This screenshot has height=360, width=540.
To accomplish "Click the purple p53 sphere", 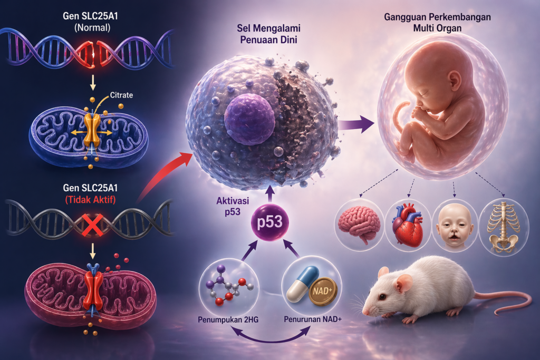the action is pos(269,222).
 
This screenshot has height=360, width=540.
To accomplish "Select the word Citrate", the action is pos(121,95).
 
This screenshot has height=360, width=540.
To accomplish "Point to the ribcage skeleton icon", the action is pos(503,227).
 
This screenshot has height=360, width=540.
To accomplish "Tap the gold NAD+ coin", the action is pos(323,291).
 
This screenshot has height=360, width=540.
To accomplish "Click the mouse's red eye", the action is pos(382,297).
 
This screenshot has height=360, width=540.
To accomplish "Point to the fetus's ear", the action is pos(455,81).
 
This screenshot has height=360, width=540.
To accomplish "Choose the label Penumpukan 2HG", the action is pos(228,320).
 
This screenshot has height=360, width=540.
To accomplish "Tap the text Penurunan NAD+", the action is pos(313,319).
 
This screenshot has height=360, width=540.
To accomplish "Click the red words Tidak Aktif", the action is pos(91,200).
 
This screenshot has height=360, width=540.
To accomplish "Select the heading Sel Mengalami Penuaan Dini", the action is pos(268,34).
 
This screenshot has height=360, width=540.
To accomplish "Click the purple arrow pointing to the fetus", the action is pos(356,124).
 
